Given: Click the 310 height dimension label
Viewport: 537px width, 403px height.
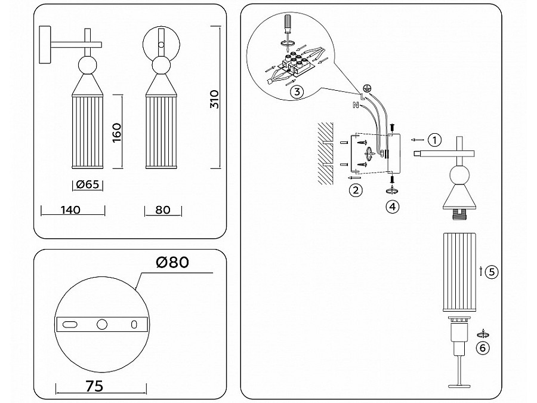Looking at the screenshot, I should (x=215, y=99).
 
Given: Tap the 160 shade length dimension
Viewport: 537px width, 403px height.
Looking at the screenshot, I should (x=117, y=133).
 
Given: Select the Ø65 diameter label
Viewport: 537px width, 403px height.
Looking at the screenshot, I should (x=87, y=186).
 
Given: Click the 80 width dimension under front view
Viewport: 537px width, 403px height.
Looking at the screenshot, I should (x=162, y=210).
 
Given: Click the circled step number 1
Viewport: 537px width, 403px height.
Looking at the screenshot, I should (x=436, y=140).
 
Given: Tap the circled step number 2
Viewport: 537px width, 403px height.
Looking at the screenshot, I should (x=355, y=190).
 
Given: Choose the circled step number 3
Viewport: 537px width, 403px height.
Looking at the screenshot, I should (x=297, y=92).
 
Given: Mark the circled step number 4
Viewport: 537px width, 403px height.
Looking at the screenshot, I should (x=392, y=207).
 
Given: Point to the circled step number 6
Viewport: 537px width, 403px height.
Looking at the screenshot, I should (x=484, y=348).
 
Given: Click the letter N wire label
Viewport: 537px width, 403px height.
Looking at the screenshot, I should (x=356, y=106).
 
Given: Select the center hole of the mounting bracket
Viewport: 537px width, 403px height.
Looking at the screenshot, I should (x=102, y=324).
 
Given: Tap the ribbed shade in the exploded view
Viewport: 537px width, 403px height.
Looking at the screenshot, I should (x=460, y=273).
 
